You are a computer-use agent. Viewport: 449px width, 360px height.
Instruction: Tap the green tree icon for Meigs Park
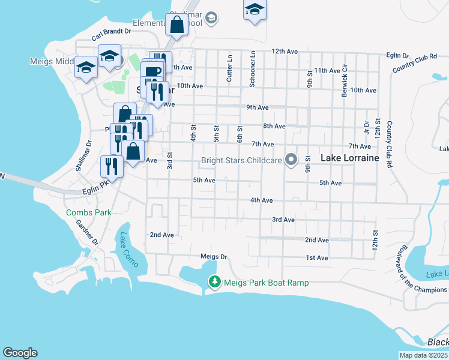[214, 281]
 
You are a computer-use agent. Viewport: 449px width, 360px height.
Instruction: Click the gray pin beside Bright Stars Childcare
[292, 160]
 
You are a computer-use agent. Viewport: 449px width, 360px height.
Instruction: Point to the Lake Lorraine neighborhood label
[350, 158]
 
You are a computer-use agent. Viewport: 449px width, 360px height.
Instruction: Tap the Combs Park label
[85, 212]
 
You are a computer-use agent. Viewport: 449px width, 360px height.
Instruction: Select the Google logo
[20, 353]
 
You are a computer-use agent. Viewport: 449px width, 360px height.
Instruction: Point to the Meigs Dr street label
[214, 257]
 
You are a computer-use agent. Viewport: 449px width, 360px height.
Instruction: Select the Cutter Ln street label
[229, 69]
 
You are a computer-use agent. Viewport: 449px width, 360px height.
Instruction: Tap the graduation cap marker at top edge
[255, 10]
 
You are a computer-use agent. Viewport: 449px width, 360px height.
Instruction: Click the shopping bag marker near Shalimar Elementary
[176, 25]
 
